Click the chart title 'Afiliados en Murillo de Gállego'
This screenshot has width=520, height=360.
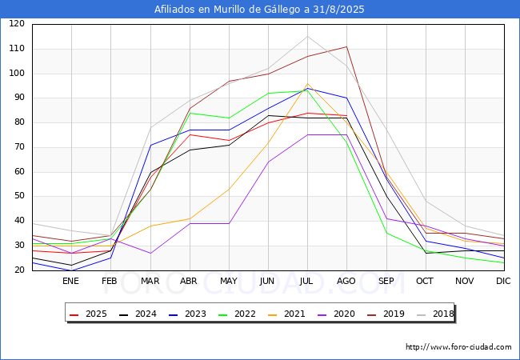(260, 10)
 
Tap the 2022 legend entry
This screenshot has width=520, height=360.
(238, 314)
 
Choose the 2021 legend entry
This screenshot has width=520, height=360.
(286, 314)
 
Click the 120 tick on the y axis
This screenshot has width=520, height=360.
(17, 24)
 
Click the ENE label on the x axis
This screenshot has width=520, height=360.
(71, 282)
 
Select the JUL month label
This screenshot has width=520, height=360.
(307, 282)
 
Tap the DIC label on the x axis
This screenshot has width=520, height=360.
(503, 282)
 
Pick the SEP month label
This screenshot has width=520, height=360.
(386, 282)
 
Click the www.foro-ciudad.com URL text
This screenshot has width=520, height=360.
(458, 347)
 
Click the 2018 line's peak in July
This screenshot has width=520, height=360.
(307, 36)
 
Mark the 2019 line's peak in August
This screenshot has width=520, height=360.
(346, 46)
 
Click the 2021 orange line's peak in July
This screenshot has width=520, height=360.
(307, 84)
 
